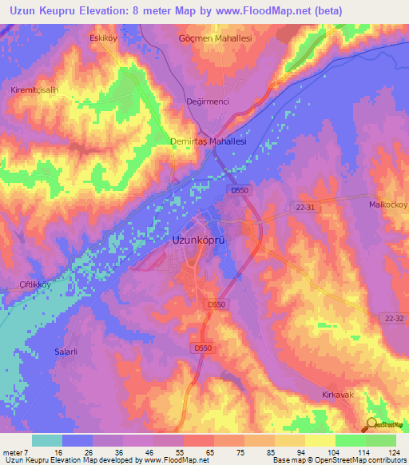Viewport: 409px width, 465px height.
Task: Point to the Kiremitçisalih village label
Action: pyautogui.click(x=34, y=89)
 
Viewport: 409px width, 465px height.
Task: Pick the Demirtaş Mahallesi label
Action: pyautogui.click(x=208, y=141)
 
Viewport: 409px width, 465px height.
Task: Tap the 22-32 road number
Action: pyautogui.click(x=391, y=317)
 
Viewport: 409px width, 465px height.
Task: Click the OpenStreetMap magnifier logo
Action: pyautogui.click(x=371, y=425)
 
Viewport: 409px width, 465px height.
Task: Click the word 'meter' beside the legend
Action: pyautogui.click(x=13, y=452)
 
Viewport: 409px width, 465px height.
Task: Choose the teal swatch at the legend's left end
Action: pyautogui.click(x=47, y=440)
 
